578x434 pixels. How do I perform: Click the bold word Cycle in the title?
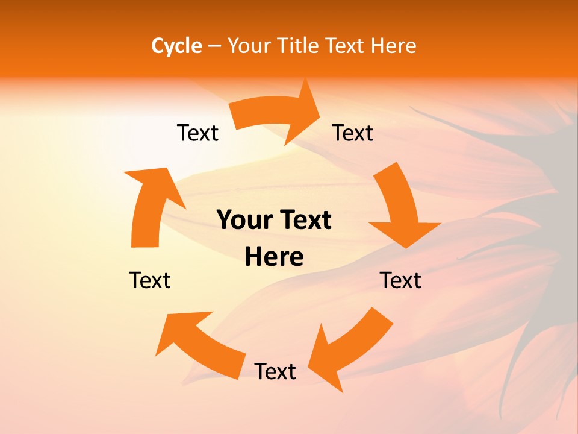176,46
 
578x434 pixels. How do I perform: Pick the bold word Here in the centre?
274,257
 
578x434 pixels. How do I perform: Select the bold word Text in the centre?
305,221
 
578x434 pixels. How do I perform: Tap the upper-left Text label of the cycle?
197,133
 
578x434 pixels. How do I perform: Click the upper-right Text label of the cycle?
353,133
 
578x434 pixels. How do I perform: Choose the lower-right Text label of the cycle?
400,281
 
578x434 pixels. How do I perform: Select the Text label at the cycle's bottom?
275,372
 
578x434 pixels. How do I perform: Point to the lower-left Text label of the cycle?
150,281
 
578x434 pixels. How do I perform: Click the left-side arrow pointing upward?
151,208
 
